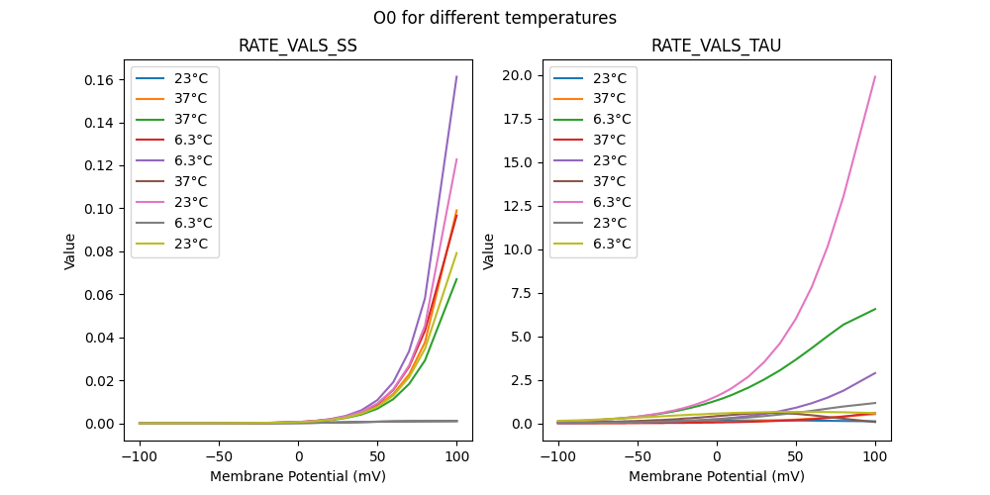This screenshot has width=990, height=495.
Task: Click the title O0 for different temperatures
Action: pos(495,18)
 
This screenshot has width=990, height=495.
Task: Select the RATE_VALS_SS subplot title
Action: pos(298,47)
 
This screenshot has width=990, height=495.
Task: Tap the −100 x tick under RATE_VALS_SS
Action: pos(140,456)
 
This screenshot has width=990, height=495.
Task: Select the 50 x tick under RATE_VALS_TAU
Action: pos(796,456)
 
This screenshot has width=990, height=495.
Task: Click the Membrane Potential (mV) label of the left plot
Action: pos(298,476)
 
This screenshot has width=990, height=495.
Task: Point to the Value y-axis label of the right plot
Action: pos(488,251)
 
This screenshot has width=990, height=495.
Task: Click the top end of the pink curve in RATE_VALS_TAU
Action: pos(875,76)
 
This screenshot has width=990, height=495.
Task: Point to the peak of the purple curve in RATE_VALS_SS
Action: pos(456,76)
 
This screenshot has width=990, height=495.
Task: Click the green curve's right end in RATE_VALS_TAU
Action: pos(875,309)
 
